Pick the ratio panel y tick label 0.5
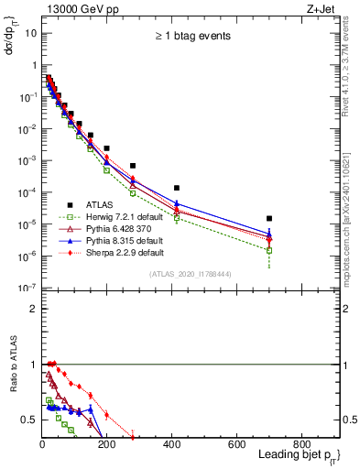click(x=28, y=420)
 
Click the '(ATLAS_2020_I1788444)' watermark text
click(x=191, y=274)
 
